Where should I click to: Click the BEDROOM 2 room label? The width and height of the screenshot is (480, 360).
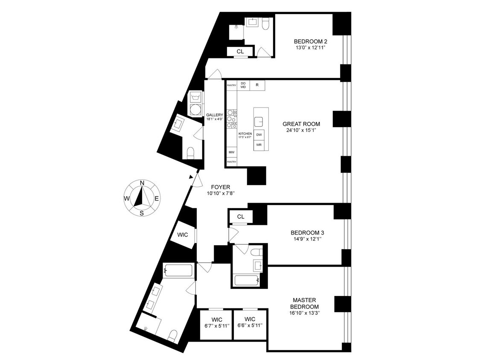pyautogui.click(x=310, y=41)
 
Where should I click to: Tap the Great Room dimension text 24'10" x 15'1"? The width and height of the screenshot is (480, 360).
pyautogui.click(x=301, y=131)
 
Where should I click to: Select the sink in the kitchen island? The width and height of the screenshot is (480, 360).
pyautogui.click(x=259, y=122)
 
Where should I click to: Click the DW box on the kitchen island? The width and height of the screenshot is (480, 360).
pyautogui.click(x=259, y=135)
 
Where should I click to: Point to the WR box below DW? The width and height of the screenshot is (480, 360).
pyautogui.click(x=259, y=145)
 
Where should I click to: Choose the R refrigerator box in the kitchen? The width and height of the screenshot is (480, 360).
pyautogui.click(x=257, y=85)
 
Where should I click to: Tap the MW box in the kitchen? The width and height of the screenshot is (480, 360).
pyautogui.click(x=231, y=152)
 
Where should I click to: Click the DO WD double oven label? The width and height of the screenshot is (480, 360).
pyautogui.click(x=243, y=85)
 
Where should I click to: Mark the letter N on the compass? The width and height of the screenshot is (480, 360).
pyautogui.click(x=142, y=183)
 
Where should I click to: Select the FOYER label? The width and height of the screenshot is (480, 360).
pyautogui.click(x=220, y=187)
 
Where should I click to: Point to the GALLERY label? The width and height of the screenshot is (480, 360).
pyautogui.click(x=215, y=115)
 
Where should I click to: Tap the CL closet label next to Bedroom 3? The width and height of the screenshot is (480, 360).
pyautogui.click(x=241, y=217)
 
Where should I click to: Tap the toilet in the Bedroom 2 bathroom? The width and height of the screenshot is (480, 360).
pyautogui.click(x=265, y=24)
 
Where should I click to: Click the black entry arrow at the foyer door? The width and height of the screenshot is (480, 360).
pyautogui.click(x=191, y=177)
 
